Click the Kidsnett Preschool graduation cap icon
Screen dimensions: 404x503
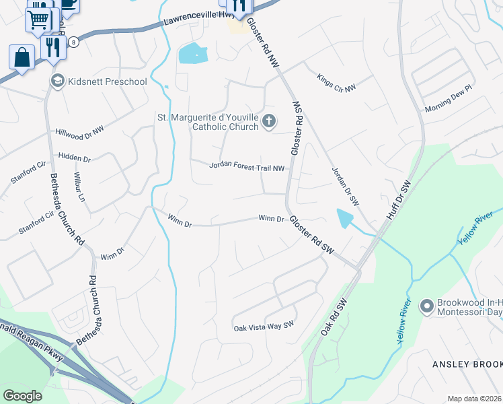[x=58, y=81]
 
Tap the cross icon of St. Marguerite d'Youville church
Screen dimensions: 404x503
[x=269, y=121]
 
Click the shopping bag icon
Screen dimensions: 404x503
[x=22, y=57]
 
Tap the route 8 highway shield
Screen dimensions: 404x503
[x=73, y=42]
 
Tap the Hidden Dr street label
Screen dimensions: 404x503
[x=74, y=156]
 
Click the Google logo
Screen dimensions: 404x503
[x=23, y=395]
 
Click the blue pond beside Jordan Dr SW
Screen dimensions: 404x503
[x=344, y=217]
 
